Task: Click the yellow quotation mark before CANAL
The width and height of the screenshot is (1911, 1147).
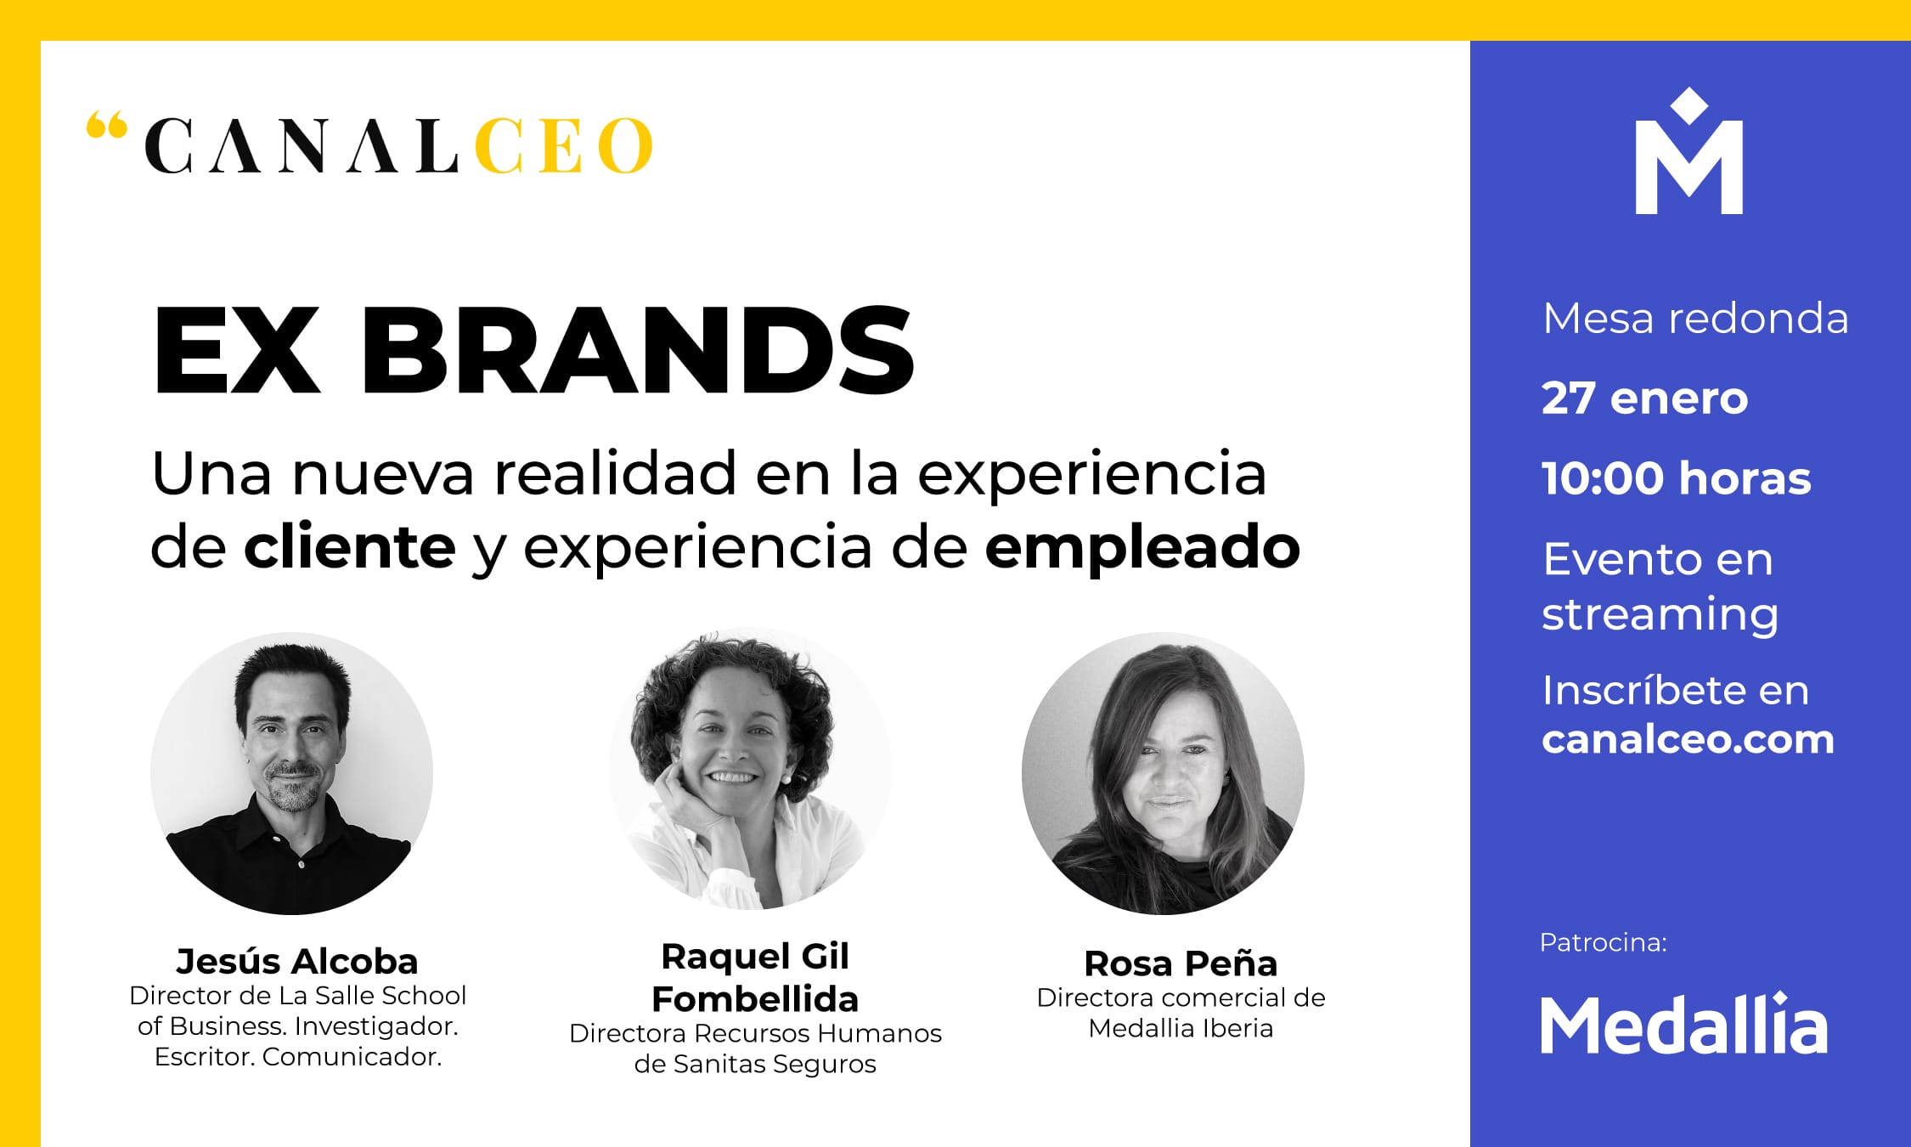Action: tap(106, 127)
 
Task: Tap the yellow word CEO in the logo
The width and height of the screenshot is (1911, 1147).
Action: tap(564, 145)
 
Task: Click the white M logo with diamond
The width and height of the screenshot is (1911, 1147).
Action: tap(1688, 150)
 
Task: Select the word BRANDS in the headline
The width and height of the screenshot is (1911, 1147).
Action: tap(638, 350)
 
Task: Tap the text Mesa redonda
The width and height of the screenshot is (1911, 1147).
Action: tap(1695, 319)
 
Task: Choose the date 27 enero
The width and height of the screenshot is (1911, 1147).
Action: tap(1645, 398)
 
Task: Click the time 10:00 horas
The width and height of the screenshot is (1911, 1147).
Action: tap(1677, 477)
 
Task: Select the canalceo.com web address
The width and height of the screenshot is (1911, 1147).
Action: tap(1688, 739)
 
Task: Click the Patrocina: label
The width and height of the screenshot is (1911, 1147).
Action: tap(1604, 942)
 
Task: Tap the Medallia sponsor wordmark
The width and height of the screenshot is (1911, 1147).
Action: tap(1684, 1024)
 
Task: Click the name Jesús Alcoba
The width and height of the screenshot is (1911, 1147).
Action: tap(297, 961)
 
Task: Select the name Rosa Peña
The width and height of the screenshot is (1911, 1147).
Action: tap(1181, 963)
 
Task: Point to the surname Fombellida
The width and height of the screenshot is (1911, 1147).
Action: tap(755, 999)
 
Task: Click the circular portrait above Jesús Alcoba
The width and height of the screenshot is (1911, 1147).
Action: tap(291, 773)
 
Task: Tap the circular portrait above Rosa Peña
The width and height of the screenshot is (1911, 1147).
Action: tap(1163, 773)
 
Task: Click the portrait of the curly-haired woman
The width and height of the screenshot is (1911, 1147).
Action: tap(750, 769)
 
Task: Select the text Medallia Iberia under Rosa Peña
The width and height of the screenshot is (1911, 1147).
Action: tap(1181, 1028)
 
